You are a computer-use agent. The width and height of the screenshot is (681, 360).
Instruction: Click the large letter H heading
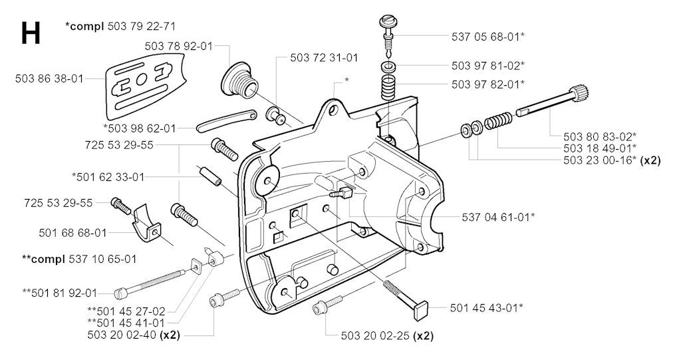pyautogui.click(x=31, y=33)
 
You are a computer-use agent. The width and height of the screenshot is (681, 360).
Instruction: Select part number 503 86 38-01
pyautogui.click(x=49, y=79)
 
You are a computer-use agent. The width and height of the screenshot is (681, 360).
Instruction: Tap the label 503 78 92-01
pyautogui.click(x=179, y=46)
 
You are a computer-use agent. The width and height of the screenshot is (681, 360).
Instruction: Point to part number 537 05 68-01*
pyautogui.click(x=487, y=37)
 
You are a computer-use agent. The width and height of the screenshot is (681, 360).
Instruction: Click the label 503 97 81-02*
pyautogui.click(x=487, y=66)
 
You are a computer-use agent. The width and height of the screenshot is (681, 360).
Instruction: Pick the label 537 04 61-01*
pyautogui.click(x=498, y=216)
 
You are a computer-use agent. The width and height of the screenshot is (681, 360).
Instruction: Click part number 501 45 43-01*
pyautogui.click(x=486, y=308)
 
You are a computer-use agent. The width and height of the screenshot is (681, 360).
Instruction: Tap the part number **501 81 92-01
pyautogui.click(x=59, y=293)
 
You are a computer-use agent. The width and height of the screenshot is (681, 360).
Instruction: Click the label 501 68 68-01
pyautogui.click(x=72, y=234)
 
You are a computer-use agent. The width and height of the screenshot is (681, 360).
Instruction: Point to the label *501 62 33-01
pyautogui.click(x=108, y=178)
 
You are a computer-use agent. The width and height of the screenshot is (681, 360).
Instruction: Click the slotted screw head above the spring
pyautogui.click(x=387, y=21)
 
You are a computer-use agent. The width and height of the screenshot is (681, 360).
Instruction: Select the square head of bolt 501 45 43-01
pyautogui.click(x=421, y=309)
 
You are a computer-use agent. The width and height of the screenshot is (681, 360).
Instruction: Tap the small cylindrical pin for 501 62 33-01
pyautogui.click(x=210, y=175)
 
